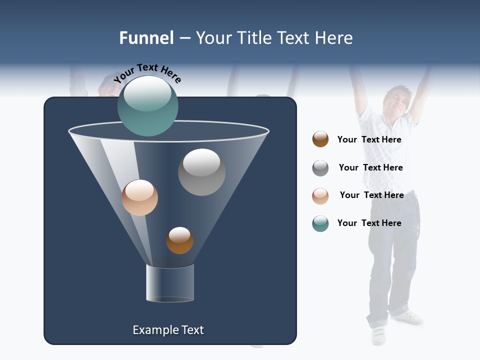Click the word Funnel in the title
[146, 38]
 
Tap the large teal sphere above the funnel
[148, 105]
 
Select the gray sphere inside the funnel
[201, 172]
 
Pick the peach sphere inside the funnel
[139, 197]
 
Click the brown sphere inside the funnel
[179, 240]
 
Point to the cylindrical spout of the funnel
[170, 283]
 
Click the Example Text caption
[168, 330]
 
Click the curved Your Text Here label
[147, 73]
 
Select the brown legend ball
[320, 139]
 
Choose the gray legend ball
[320, 168]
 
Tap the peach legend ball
[320, 196]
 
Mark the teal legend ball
[320, 223]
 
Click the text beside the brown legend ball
[369, 140]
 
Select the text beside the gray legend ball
[370, 168]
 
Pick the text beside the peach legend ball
[371, 195]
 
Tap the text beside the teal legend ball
[369, 223]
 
